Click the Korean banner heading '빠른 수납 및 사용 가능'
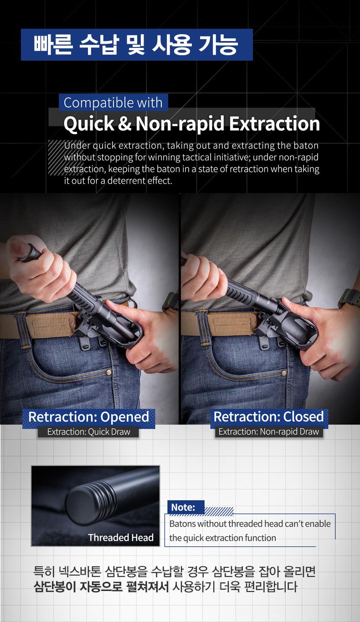137,45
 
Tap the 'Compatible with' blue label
113,103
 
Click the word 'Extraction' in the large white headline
274,124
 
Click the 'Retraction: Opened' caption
88,417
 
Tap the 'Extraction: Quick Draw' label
88,432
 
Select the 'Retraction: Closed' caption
269,416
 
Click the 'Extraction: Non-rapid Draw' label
269,431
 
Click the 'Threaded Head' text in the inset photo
121,538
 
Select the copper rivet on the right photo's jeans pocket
284,373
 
